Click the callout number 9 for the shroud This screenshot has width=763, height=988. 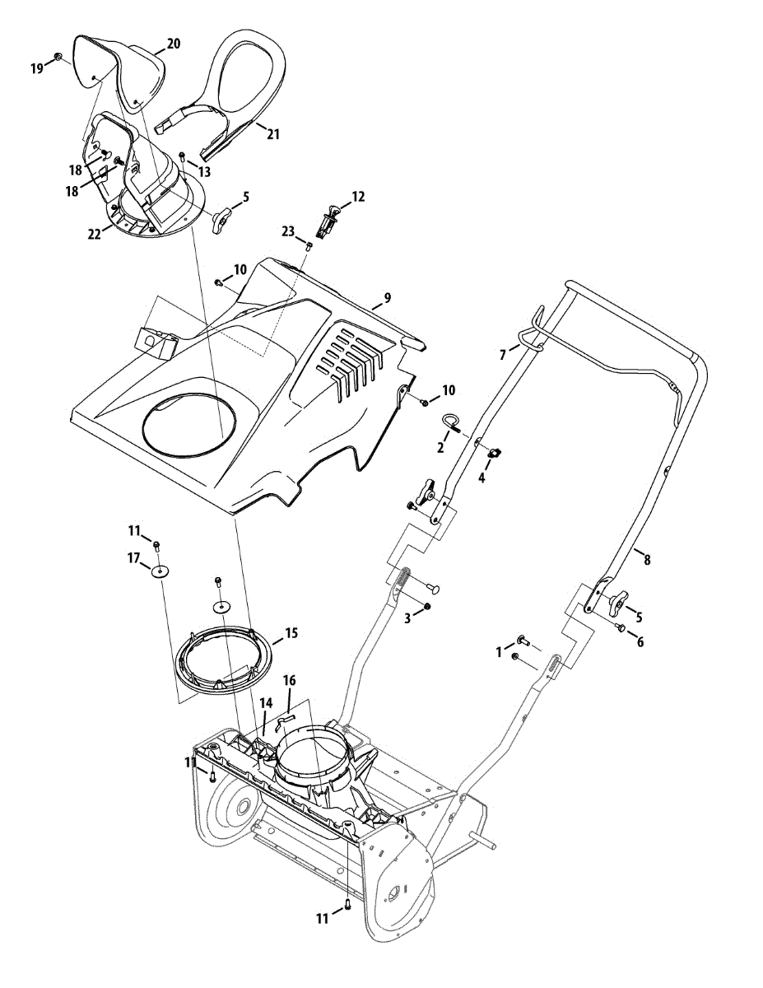(x=387, y=297)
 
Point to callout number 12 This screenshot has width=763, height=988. (x=358, y=197)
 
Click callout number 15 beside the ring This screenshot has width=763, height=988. (x=291, y=634)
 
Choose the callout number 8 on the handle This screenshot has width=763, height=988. (x=647, y=560)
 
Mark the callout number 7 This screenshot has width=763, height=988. (x=502, y=354)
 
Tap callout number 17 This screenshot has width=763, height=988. (x=133, y=557)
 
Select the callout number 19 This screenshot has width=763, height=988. (x=37, y=68)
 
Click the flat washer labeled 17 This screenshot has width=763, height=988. (x=158, y=571)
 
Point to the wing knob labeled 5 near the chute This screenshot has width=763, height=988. (x=221, y=221)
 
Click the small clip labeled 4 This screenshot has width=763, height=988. (x=496, y=451)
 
